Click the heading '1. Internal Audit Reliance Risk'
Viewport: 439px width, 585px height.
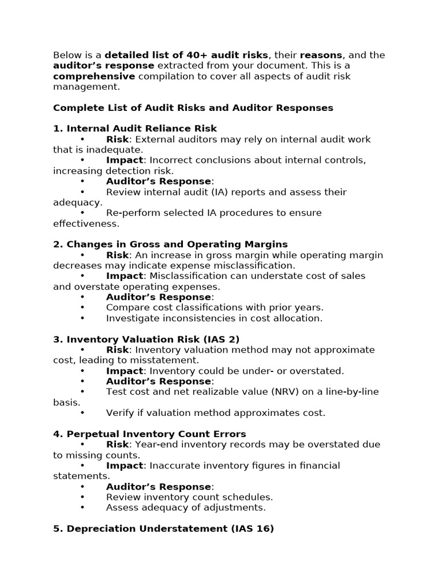point(135,129)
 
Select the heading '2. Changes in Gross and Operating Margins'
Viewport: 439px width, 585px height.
point(170,244)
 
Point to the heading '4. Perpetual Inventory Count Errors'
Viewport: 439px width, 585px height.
point(150,434)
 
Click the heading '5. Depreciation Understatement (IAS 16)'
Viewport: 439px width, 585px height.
point(163,528)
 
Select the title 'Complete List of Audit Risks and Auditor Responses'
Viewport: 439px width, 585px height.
point(193,107)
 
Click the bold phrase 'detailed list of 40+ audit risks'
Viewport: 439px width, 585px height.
point(186,55)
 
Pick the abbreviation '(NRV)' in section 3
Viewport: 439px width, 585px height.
point(273,391)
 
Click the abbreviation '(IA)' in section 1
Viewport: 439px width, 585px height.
point(232,192)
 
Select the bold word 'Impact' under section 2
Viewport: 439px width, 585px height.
point(125,275)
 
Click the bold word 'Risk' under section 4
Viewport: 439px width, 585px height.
point(117,444)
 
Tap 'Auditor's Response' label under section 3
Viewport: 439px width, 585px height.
point(158,381)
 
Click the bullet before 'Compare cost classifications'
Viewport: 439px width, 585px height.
point(82,307)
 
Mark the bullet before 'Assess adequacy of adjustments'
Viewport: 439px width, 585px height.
point(82,507)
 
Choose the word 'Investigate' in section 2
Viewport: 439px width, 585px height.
point(131,318)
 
